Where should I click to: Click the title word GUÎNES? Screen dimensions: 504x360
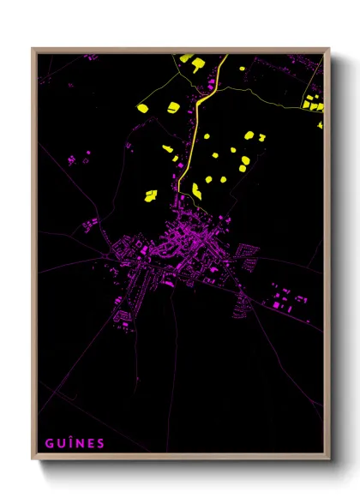tap(75, 443)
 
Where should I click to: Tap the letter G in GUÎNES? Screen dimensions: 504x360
tap(50, 443)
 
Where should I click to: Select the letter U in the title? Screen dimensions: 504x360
tap(61, 443)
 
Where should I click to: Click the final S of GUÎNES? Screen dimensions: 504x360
tap(101, 443)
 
